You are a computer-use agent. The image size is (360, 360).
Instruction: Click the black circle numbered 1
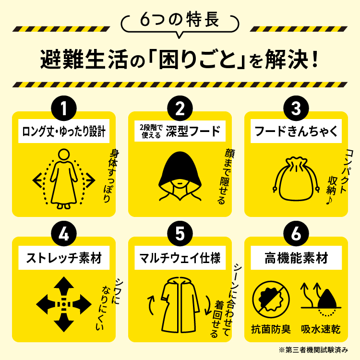[64, 108]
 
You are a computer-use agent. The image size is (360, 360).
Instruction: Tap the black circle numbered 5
[180, 233]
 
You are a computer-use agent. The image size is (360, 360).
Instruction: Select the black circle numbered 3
[296, 108]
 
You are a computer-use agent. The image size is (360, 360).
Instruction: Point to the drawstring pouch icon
[296, 179]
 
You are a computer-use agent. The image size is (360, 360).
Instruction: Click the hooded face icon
[180, 176]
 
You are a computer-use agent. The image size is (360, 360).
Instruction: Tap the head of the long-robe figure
[63, 155]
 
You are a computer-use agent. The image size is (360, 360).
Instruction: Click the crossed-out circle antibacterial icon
[271, 300]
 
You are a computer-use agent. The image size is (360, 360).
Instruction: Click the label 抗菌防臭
[271, 329]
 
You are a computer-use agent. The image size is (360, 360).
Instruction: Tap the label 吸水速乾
[321, 329]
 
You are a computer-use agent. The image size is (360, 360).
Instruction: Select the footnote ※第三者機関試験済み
[313, 350]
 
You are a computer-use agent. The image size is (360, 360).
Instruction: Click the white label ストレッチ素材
[64, 258]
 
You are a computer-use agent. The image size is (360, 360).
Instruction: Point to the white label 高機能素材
[296, 258]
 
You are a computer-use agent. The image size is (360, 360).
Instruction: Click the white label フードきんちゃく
[296, 131]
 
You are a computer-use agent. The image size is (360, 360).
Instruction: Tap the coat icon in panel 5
[180, 305]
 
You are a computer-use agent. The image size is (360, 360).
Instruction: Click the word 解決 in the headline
[287, 59]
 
